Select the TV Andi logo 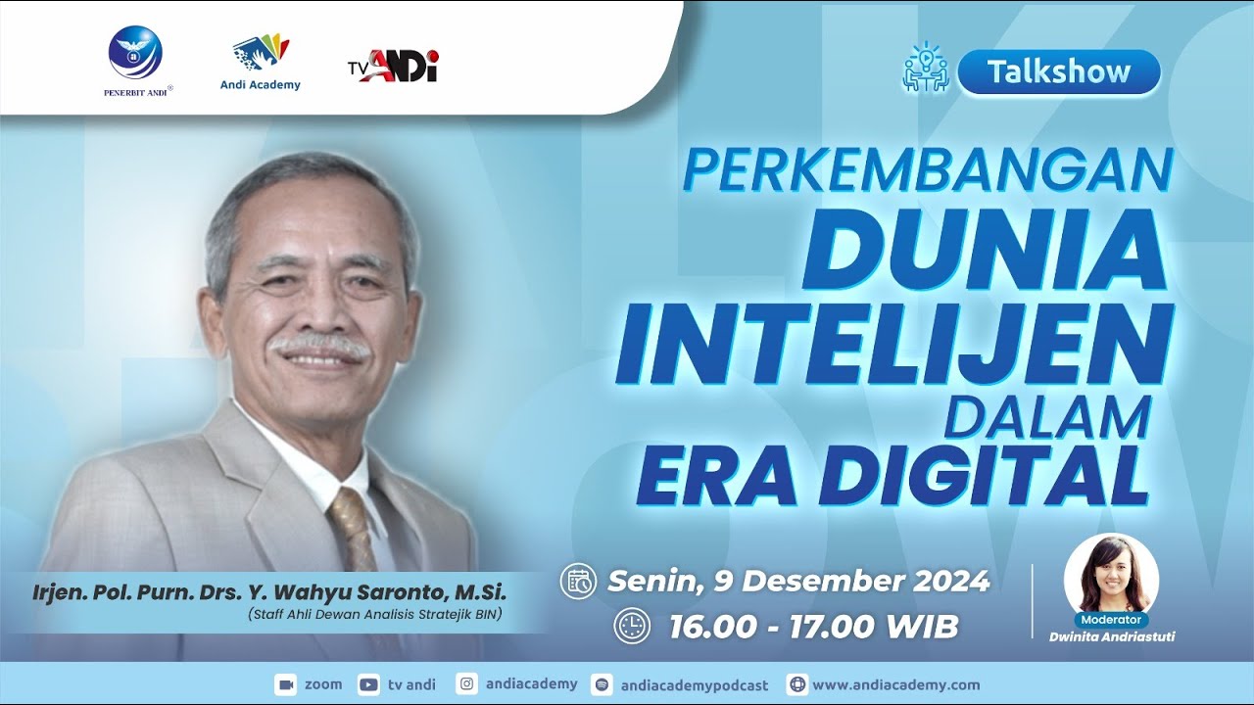(393, 67)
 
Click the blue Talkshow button (1058, 71)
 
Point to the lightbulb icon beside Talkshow (925, 68)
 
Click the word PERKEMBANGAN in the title (927, 170)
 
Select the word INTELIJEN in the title (893, 344)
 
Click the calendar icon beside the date (578, 582)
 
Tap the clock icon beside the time (632, 627)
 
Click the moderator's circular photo (1111, 574)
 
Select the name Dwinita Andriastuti (1111, 636)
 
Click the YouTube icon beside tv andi (369, 684)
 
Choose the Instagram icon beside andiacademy (468, 684)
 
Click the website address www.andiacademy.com (895, 685)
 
